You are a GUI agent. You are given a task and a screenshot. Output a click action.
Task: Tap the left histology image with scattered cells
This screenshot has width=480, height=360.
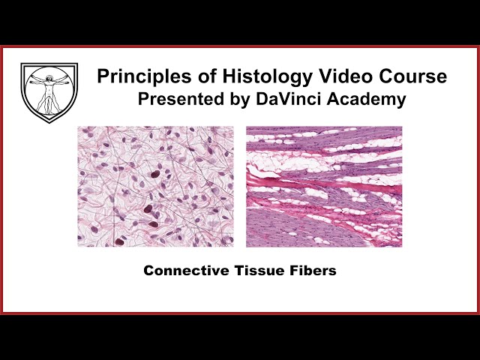pyautogui.click(x=155, y=186)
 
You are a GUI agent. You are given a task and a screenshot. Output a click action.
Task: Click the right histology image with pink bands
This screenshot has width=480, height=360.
pyautogui.click(x=324, y=186)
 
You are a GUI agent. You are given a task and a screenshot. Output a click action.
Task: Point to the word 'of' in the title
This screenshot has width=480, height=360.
pyautogui.click(x=190, y=76)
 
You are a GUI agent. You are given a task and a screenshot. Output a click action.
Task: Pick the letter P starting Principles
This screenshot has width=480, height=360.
pyautogui.click(x=102, y=76)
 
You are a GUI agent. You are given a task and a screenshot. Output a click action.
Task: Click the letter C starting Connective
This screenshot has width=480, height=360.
pyautogui.click(x=148, y=271)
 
